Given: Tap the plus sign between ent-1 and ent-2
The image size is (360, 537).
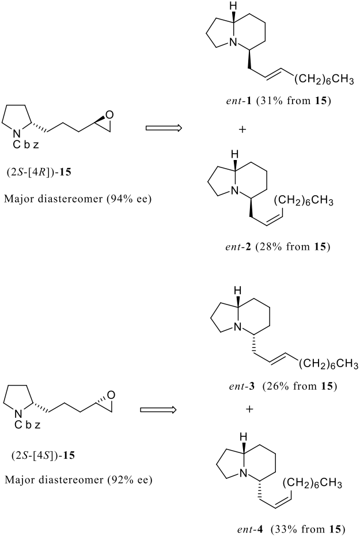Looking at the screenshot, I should click(242, 130).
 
